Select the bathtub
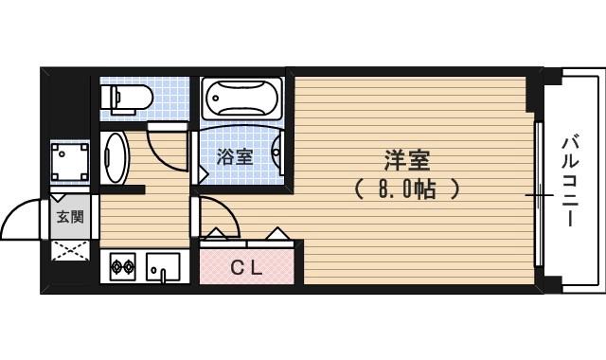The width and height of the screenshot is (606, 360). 241,99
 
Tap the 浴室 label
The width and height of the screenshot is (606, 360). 234,157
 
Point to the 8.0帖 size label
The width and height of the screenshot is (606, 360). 407,189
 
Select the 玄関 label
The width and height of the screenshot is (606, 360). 69,216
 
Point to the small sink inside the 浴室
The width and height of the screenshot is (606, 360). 277,152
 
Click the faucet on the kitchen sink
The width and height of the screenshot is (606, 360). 163,276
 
